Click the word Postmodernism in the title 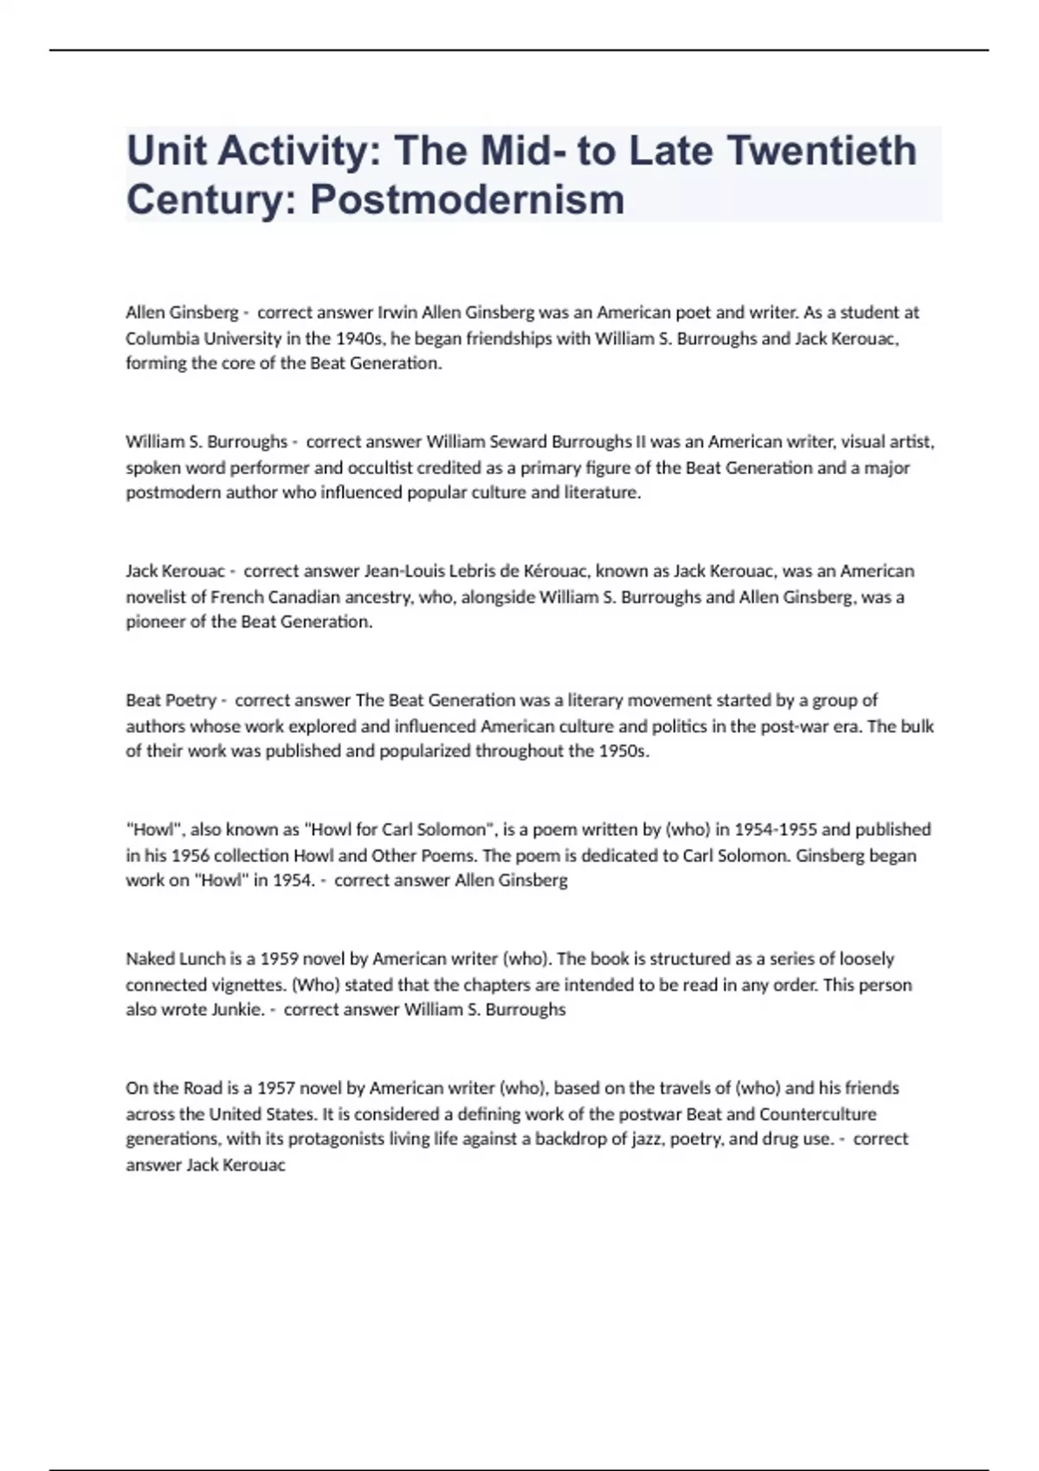tap(467, 199)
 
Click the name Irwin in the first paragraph tap(397, 312)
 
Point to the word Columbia tap(160, 338)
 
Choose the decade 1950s tap(623, 751)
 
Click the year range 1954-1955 tap(775, 830)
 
